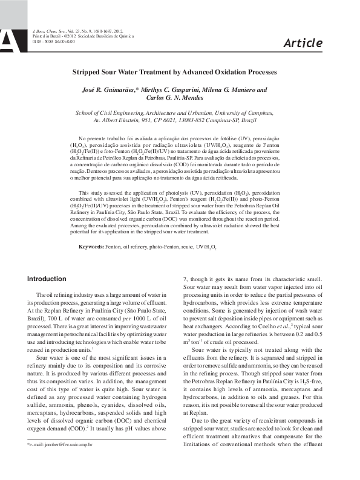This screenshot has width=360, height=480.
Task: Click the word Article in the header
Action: [x=303, y=42]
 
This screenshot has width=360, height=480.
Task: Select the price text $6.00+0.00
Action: [x=64, y=41]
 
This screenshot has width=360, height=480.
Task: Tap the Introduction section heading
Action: [x=47, y=279]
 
